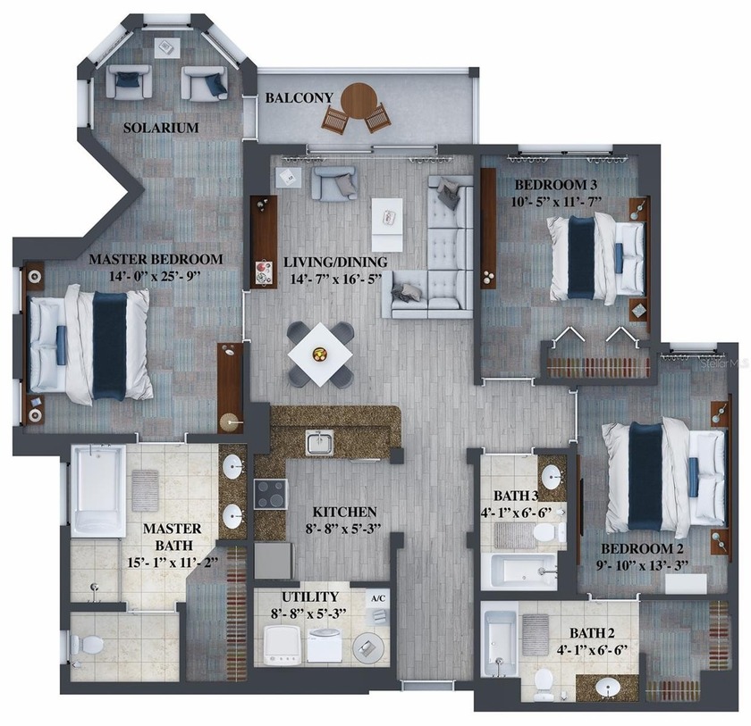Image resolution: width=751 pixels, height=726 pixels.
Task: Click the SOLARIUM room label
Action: (x=161, y=128)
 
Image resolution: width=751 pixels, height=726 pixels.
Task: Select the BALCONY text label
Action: (x=300, y=97)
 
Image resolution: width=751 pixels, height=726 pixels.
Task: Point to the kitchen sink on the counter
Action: (x=318, y=442)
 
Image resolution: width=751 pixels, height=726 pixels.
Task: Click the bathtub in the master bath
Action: (x=97, y=491)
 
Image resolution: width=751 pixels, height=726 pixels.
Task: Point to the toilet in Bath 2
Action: (x=544, y=683)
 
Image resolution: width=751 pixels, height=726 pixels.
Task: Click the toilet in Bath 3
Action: (x=546, y=534)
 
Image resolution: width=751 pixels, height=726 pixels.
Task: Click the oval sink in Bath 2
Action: (x=609, y=688)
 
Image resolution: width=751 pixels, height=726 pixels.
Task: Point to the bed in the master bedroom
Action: (x=89, y=344)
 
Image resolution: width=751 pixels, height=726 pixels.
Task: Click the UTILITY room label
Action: (x=308, y=597)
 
